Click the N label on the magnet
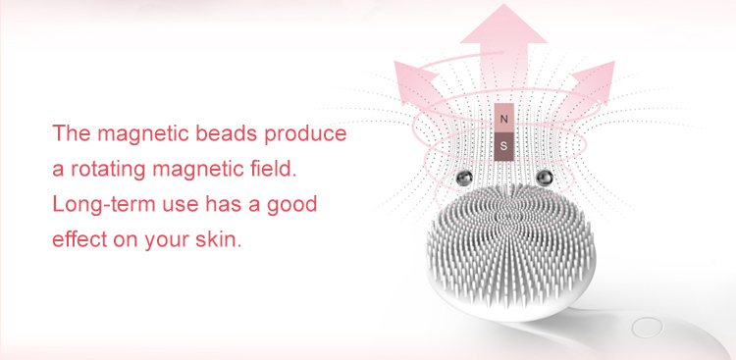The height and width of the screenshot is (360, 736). click(504, 119)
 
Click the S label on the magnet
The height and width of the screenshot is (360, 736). click(504, 145)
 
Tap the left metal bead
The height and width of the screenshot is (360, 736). click(462, 178)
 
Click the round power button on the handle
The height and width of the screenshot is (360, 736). click(646, 328)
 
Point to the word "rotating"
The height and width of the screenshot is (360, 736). click(112, 169)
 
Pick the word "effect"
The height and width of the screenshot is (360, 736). click(81, 240)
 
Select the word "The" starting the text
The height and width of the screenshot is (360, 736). click(72, 133)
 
